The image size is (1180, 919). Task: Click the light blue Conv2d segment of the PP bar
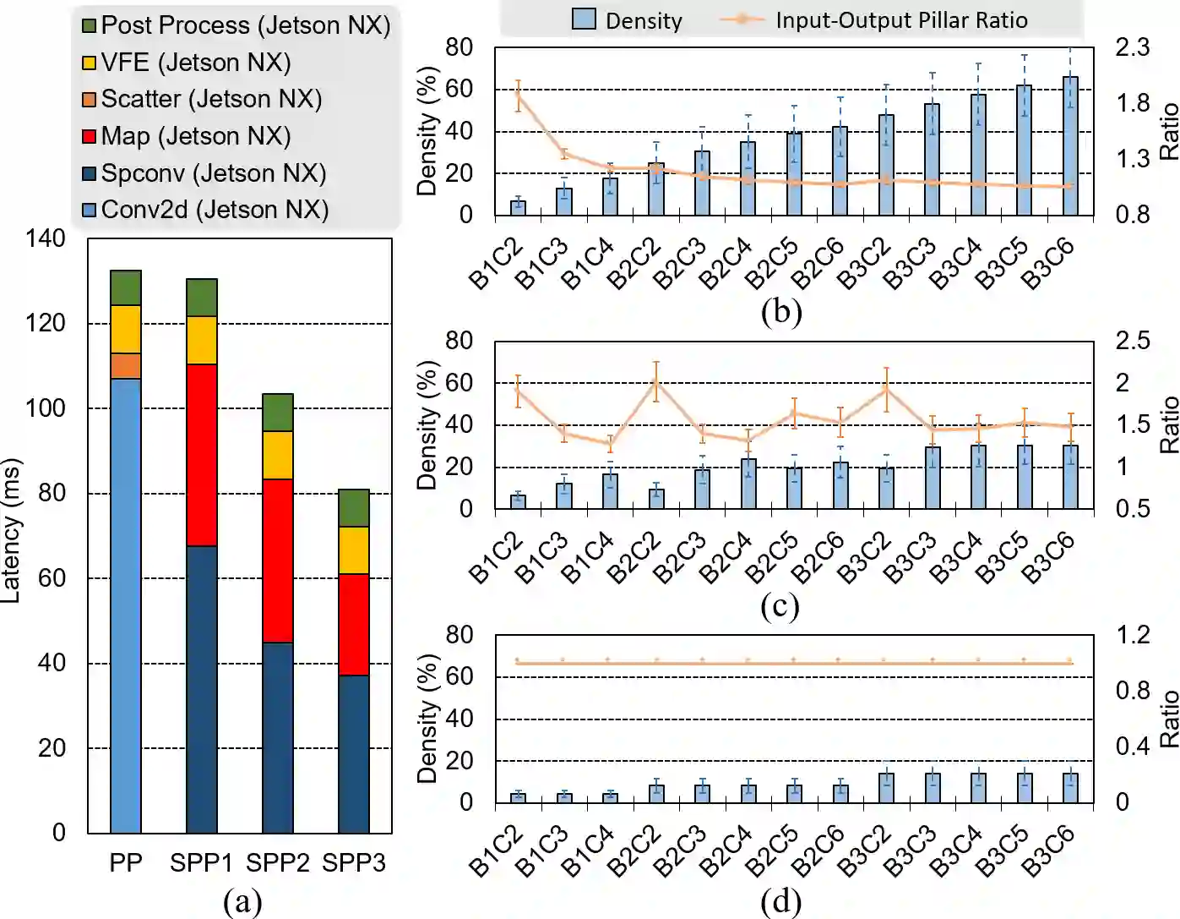126,604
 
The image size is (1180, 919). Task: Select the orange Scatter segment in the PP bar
126,366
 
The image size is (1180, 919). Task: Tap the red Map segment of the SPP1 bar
202,455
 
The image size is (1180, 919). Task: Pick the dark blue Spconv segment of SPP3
354,753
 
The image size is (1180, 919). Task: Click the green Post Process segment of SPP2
278,413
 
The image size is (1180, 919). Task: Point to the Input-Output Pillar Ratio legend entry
901,20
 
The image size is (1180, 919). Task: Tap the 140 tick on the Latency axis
46,238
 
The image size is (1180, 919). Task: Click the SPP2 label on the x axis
278,863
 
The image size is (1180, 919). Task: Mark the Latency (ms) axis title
11,531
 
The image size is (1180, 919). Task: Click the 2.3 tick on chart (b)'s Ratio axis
1132,46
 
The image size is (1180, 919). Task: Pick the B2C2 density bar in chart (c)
656,499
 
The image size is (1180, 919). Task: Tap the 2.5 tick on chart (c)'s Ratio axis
1133,340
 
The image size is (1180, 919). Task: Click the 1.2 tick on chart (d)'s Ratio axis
1133,634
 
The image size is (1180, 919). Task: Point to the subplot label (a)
242,901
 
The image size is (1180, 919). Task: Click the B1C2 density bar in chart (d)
518,797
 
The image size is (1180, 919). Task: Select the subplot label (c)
780,606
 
